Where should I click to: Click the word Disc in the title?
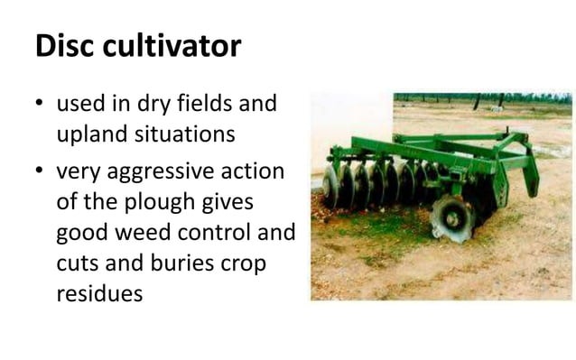[x=66, y=45]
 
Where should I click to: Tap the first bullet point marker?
[x=41, y=106]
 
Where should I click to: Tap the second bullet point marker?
[x=41, y=171]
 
